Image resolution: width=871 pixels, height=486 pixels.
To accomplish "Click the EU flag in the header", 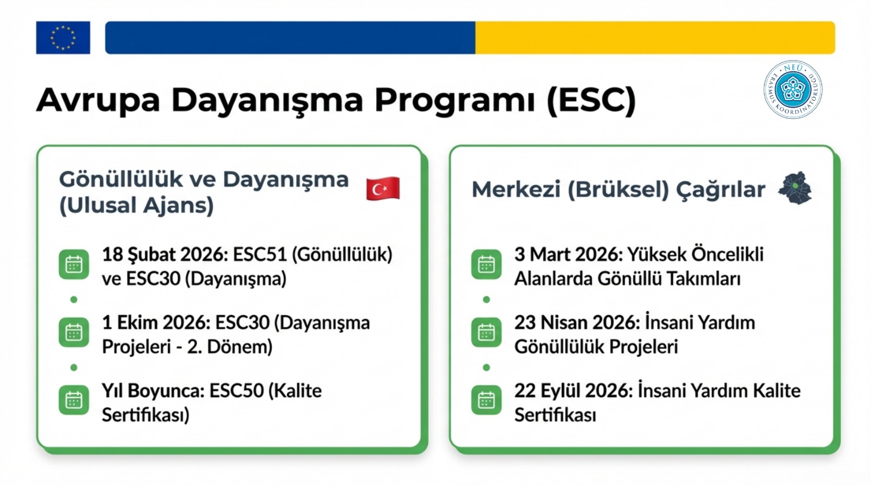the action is point(63,38).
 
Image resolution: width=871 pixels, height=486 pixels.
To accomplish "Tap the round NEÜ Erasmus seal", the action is point(793,89).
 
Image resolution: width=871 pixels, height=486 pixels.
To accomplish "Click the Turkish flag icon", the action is point(383,188).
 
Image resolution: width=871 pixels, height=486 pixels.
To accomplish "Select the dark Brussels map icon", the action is point(795,188).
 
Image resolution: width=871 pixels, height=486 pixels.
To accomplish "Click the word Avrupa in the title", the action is point(98,100).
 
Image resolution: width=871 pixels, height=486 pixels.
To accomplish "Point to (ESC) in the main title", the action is point(591,100).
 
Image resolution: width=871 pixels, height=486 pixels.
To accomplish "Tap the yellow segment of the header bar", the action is point(655,38).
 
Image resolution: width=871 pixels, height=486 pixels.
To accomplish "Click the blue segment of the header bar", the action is point(290,38).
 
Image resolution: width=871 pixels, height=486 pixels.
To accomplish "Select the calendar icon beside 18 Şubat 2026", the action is point(74,265).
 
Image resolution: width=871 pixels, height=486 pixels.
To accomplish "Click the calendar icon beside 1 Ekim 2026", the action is point(74,333).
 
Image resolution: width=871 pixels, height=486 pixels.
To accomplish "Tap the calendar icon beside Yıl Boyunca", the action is point(74,401).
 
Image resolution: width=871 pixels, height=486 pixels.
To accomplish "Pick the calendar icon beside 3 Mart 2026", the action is point(487,265).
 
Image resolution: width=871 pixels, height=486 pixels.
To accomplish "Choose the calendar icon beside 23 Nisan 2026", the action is point(487,333).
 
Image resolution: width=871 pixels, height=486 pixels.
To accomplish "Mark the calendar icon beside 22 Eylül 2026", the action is point(487,401).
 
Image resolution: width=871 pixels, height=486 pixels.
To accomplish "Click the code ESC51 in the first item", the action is point(260,255).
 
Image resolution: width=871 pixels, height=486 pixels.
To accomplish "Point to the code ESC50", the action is point(236,391).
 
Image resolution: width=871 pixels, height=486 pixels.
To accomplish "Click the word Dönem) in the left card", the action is point(240,347).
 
